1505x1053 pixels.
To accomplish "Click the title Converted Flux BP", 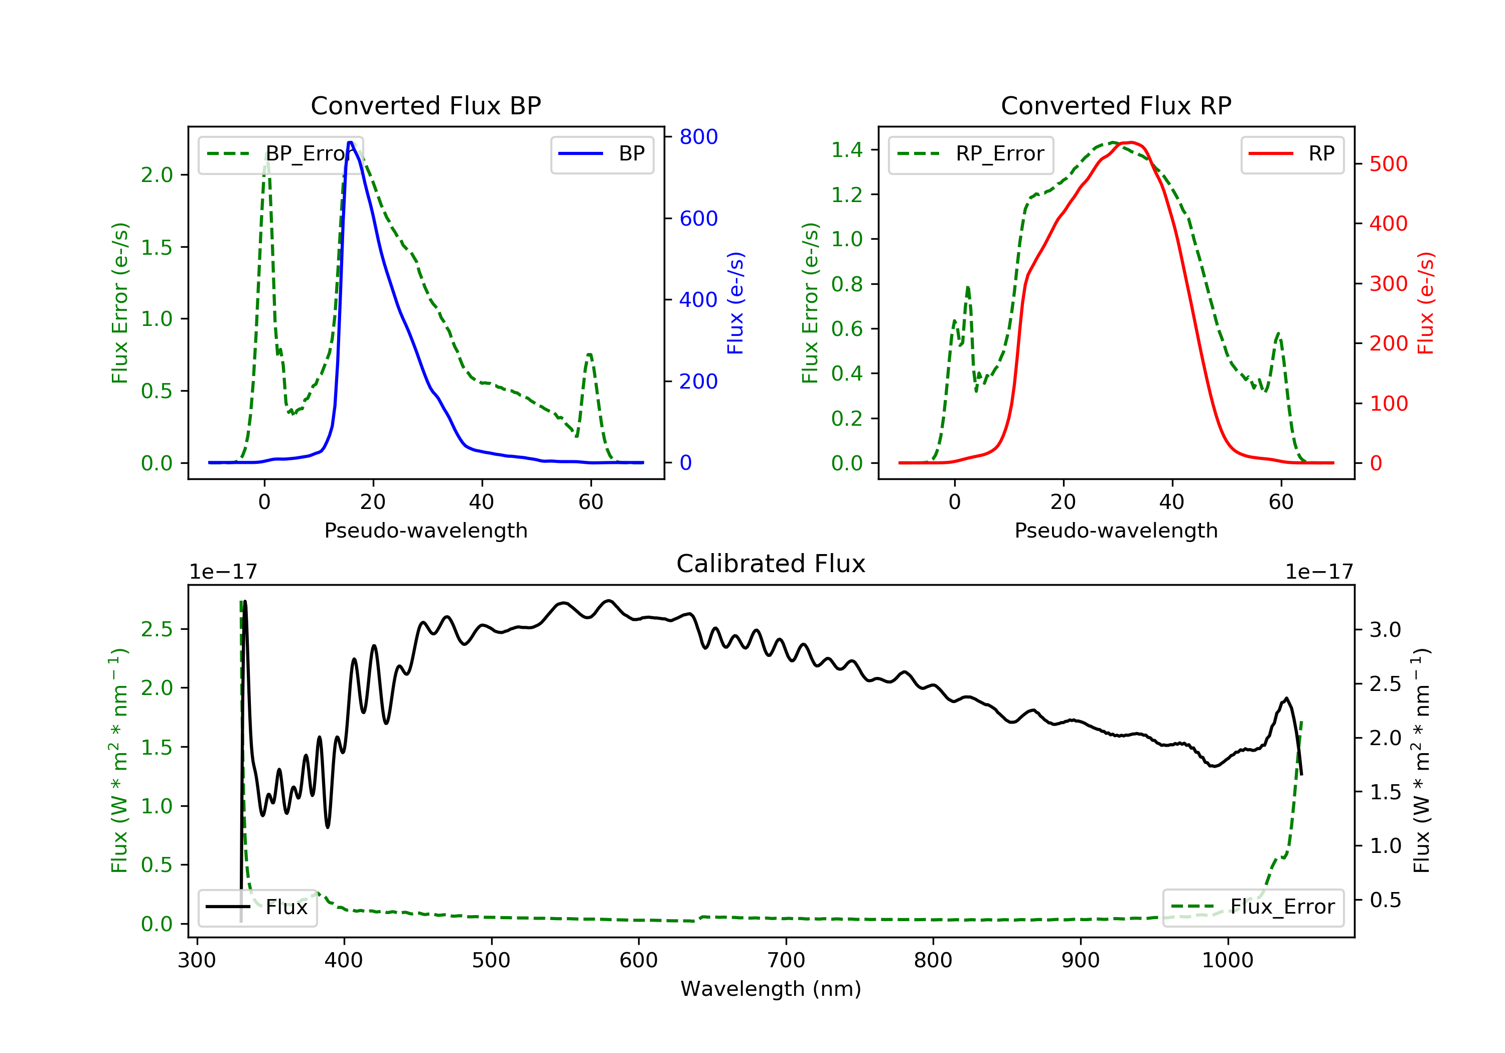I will (x=425, y=105).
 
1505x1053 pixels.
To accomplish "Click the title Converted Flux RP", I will (x=1116, y=105).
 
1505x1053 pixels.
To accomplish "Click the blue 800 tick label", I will (x=698, y=137).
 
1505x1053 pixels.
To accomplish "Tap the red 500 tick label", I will (x=1388, y=164).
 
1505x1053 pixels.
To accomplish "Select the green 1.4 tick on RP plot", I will (x=847, y=150).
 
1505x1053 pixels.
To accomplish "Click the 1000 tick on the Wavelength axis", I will (x=1227, y=961).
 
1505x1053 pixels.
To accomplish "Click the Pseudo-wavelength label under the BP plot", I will (x=425, y=530).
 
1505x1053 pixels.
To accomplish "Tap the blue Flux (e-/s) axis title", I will (x=735, y=303).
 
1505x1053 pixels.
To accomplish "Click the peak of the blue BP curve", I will (x=351, y=142).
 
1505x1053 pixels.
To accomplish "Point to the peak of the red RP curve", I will (x=1131, y=142).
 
